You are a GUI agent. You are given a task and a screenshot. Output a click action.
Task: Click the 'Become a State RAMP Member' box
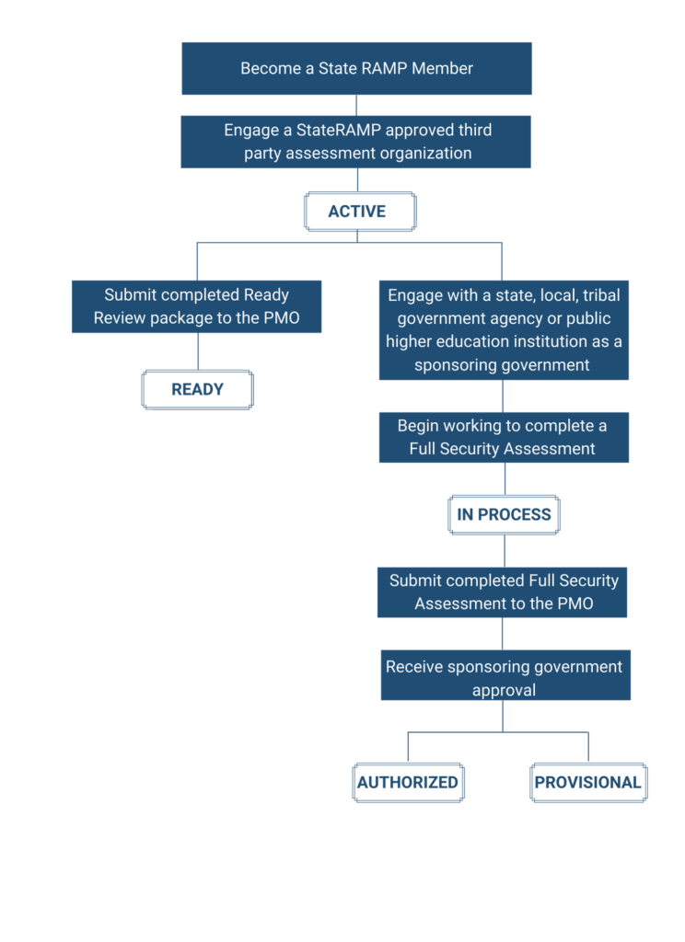pos(356,68)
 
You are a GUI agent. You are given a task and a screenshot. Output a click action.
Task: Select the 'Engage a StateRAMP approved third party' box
pos(356,142)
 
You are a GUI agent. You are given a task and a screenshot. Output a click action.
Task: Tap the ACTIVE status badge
pos(360,212)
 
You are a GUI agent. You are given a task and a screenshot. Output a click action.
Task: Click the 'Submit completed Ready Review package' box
pos(196,306)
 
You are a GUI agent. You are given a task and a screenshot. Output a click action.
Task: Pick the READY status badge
pos(197,389)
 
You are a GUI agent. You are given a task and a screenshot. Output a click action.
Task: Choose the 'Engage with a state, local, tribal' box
pos(503,329)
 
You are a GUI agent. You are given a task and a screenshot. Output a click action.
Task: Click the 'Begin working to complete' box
pos(503,437)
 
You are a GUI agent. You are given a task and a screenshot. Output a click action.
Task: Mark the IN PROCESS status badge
pos(504,514)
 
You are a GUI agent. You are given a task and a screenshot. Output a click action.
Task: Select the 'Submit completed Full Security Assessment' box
pos(503,592)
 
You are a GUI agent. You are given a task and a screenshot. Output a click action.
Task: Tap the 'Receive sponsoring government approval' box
pos(505,677)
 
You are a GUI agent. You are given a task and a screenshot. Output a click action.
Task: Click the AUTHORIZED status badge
pos(409,782)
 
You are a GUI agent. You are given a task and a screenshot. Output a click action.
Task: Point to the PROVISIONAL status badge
pos(587,782)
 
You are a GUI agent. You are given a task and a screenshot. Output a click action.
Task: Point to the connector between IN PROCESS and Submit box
pos(504,550)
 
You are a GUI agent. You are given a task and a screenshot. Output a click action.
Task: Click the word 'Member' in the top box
pos(446,68)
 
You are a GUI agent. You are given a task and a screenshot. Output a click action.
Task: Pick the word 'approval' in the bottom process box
pos(504,690)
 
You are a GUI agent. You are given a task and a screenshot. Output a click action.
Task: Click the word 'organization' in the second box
pos(424,154)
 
